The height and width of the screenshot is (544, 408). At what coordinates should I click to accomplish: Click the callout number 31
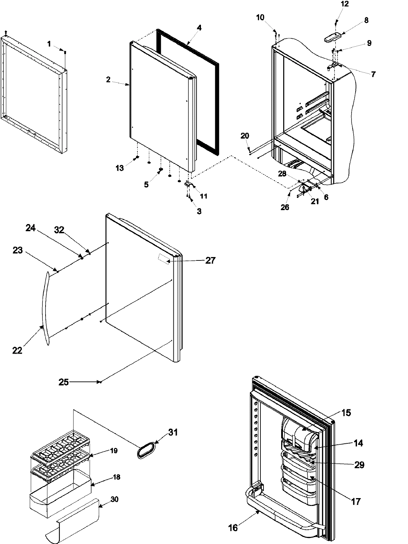pyautogui.click(x=172, y=432)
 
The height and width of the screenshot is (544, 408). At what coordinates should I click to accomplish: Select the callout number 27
pyautogui.click(x=210, y=260)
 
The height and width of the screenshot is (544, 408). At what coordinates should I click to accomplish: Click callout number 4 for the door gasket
pyautogui.click(x=199, y=28)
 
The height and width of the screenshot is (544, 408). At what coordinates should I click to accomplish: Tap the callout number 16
pyautogui.click(x=233, y=527)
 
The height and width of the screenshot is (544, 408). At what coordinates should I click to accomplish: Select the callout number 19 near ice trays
pyautogui.click(x=114, y=451)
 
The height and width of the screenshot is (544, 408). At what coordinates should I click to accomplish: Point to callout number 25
pyautogui.click(x=64, y=382)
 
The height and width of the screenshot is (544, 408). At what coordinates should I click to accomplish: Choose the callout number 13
pyautogui.click(x=119, y=167)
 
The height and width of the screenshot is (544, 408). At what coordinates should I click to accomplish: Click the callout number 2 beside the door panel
pyautogui.click(x=108, y=80)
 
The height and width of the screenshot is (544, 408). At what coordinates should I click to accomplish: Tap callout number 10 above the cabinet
pyautogui.click(x=260, y=18)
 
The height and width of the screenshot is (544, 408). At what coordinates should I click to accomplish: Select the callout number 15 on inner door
pyautogui.click(x=346, y=413)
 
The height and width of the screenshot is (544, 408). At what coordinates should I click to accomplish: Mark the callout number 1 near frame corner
pyautogui.click(x=49, y=44)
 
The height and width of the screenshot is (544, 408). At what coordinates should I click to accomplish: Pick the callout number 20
pyautogui.click(x=244, y=136)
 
